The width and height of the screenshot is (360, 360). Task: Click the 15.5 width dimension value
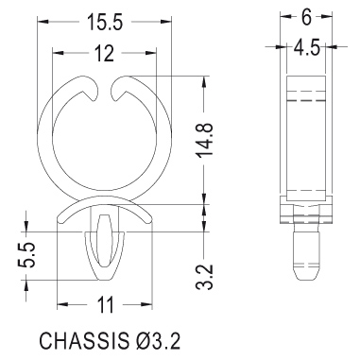click(x=105, y=22)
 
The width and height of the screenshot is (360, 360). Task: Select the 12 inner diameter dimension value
click(x=104, y=53)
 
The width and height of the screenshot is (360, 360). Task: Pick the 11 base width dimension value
click(x=105, y=305)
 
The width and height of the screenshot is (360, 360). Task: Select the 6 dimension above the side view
click(x=306, y=18)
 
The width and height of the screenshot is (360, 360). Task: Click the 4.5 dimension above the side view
click(x=306, y=48)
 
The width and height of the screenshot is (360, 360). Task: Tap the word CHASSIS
click(x=82, y=340)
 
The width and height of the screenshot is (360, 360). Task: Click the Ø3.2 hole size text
click(x=155, y=340)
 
